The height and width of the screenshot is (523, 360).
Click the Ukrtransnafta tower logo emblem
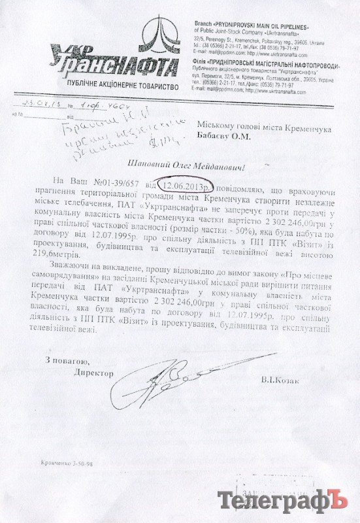[x=161, y=37]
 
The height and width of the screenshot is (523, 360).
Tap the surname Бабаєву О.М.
[x=226, y=128]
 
